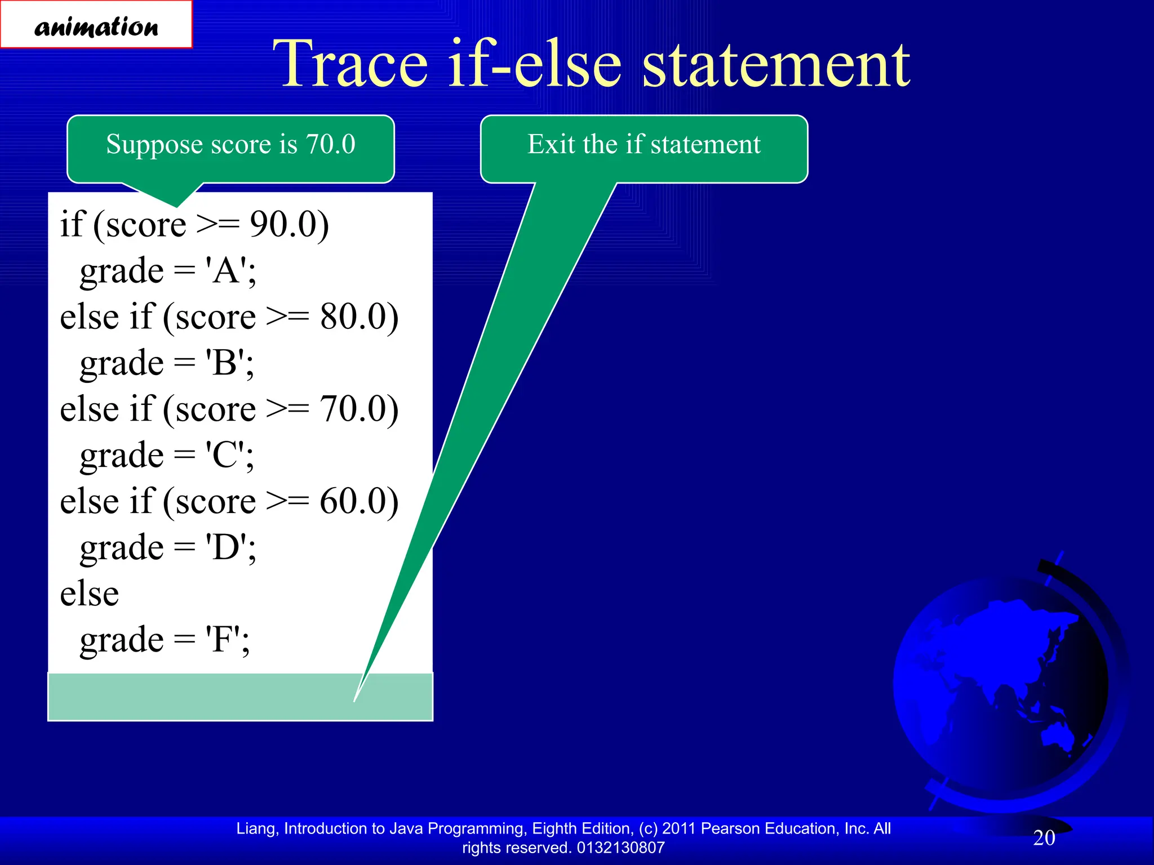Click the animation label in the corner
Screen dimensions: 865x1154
point(96,25)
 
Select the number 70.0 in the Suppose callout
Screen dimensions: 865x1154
point(331,144)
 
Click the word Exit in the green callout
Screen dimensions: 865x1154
point(552,144)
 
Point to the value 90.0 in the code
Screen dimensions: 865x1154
point(282,225)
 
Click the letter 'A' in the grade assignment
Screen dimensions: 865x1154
point(227,271)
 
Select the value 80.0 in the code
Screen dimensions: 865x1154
point(353,317)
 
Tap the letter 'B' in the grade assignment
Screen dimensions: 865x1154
point(225,363)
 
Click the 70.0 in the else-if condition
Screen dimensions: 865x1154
point(353,409)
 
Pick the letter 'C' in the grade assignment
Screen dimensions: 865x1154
point(225,456)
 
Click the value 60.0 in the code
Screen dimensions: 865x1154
point(353,502)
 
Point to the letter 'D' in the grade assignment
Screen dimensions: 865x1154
point(227,548)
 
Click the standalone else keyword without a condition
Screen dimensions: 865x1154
point(90,594)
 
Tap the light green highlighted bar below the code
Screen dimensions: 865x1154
point(225,697)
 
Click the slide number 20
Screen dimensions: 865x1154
point(1044,838)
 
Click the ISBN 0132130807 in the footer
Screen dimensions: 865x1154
point(620,848)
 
